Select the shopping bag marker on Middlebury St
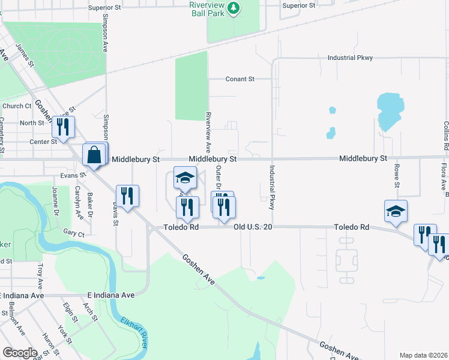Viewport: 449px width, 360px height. click(x=95, y=155)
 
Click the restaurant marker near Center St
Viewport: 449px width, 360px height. click(x=62, y=127)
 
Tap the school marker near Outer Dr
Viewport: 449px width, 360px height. click(x=185, y=178)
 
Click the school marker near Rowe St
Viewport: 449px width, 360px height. click(x=396, y=211)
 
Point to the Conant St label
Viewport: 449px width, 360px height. click(x=240, y=79)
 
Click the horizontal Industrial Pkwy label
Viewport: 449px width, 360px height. click(x=350, y=58)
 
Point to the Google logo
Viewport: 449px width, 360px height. click(x=20, y=353)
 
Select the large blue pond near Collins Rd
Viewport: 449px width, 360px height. click(x=389, y=111)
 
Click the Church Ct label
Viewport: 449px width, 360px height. click(x=17, y=106)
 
